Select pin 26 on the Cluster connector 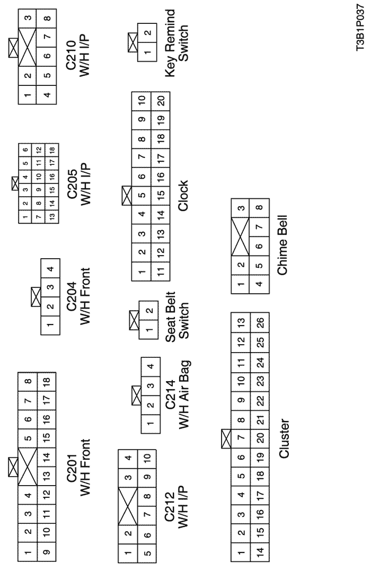[x=260, y=322]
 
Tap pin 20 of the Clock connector [x=161, y=100]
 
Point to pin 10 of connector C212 [x=146, y=457]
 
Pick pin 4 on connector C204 [x=50, y=269]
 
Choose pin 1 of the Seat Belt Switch [x=148, y=330]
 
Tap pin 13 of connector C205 [x=52, y=216]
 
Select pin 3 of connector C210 [x=28, y=18]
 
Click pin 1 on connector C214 [x=151, y=424]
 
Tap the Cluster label [x=284, y=438]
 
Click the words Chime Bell [x=282, y=245]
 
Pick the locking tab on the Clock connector [x=127, y=196]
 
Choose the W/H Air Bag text [x=184, y=394]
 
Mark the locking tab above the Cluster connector [x=226, y=438]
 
